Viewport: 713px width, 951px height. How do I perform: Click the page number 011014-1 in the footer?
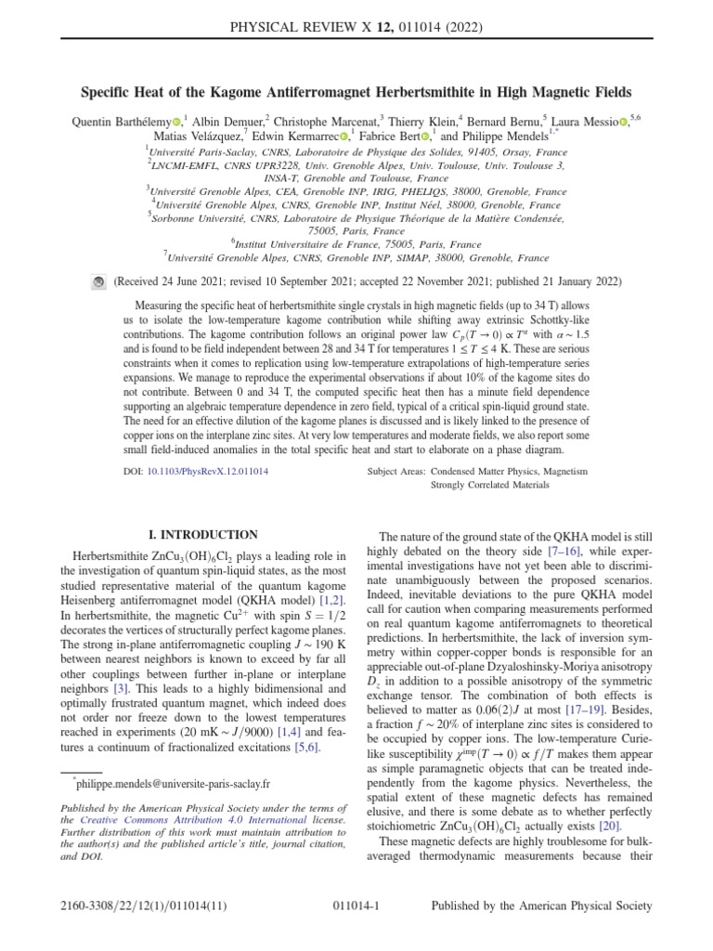356,906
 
